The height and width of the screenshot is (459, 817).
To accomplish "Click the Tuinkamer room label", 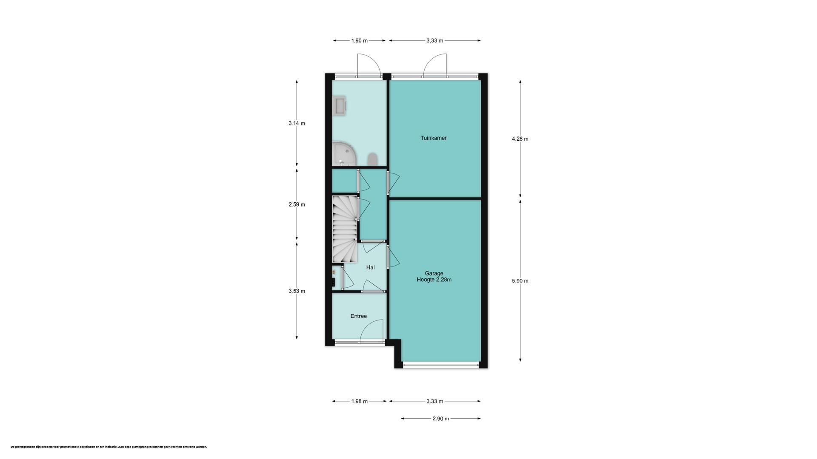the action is pyautogui.click(x=433, y=138).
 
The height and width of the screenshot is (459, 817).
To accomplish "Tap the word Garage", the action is pyautogui.click(x=434, y=273).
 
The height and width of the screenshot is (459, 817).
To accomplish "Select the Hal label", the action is pyautogui.click(x=370, y=267).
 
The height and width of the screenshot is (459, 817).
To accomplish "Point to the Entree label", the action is pyautogui.click(x=358, y=316).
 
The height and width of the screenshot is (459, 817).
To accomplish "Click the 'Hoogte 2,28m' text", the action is pyautogui.click(x=434, y=280).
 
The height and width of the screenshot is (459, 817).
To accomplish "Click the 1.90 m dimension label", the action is pyautogui.click(x=359, y=41).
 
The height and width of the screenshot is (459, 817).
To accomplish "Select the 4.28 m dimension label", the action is pyautogui.click(x=520, y=139).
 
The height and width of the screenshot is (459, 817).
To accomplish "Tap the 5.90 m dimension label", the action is pyautogui.click(x=520, y=281).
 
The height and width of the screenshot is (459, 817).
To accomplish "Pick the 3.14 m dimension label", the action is pyautogui.click(x=297, y=124).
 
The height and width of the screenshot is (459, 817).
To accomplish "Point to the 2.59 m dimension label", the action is pyautogui.click(x=297, y=204).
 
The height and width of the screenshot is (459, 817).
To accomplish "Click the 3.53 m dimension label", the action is pyautogui.click(x=297, y=291).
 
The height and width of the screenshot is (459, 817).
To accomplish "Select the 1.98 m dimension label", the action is pyautogui.click(x=359, y=401).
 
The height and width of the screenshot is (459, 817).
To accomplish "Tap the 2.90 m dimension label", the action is pyautogui.click(x=441, y=419).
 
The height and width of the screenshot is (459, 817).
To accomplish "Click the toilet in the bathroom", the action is pyautogui.click(x=372, y=159).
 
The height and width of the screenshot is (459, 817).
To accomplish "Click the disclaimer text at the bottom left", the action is pyautogui.click(x=109, y=447).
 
